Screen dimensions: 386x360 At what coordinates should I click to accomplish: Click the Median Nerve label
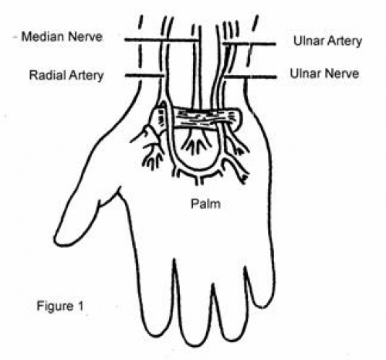click(x=62, y=36)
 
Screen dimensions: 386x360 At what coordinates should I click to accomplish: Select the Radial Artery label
click(x=66, y=75)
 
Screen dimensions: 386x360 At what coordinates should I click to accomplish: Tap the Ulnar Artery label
click(x=327, y=41)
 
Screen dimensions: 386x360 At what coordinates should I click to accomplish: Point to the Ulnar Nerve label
click(x=324, y=73)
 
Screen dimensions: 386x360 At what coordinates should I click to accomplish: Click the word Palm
click(x=205, y=204)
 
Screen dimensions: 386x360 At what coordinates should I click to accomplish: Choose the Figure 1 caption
click(x=60, y=306)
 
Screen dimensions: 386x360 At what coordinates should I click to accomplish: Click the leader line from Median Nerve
click(x=161, y=40)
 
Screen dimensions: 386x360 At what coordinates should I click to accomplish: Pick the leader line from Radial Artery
click(x=144, y=76)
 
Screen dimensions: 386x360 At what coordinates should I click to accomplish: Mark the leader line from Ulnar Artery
click(x=249, y=44)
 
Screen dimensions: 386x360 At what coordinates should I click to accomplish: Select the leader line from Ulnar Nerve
click(x=250, y=76)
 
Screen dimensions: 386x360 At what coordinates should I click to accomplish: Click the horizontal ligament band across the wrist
click(x=197, y=117)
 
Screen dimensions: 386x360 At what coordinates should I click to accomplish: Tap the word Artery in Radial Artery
click(x=86, y=76)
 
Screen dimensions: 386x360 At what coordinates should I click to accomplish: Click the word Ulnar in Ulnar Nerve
click(x=303, y=73)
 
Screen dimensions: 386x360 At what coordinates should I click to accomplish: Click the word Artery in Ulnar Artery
click(x=345, y=42)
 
